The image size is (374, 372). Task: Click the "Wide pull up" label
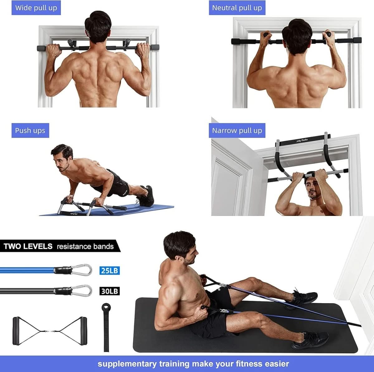coord(36,7)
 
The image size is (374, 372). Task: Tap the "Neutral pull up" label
coord(237,7)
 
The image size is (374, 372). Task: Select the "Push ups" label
coord(30,130)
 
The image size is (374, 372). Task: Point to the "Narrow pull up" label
coord(237,130)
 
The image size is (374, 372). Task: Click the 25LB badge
coord(110,270)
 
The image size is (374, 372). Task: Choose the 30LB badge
coord(110,291)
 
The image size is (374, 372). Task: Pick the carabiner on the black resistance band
coord(82,291)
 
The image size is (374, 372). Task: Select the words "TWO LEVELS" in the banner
coord(28,246)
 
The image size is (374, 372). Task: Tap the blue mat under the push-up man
coord(150,209)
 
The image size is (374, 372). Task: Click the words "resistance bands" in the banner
coord(85,246)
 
